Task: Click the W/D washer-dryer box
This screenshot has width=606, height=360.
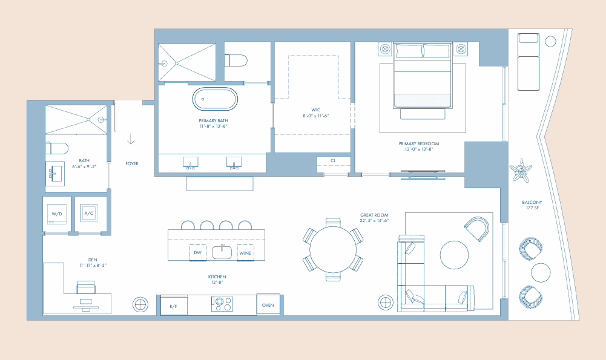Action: click(57, 214)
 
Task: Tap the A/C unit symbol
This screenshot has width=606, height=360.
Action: click(88, 213)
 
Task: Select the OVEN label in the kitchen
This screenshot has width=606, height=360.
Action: click(268, 305)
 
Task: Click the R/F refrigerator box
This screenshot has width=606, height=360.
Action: click(174, 306)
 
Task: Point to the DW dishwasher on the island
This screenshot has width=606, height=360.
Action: click(197, 253)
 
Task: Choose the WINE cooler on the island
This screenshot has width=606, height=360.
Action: click(245, 253)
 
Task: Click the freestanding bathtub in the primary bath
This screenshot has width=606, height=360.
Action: click(215, 99)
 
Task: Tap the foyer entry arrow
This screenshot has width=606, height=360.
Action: click(131, 139)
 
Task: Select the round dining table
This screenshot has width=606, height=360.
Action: click(333, 249)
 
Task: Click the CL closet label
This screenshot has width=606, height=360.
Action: click(333, 161)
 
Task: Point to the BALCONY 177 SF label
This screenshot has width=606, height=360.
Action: click(532, 205)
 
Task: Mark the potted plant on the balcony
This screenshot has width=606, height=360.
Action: click(521, 171)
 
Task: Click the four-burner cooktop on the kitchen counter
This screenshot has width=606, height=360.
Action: click(222, 304)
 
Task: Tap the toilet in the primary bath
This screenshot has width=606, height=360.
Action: click(235, 61)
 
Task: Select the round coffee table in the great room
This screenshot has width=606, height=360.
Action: click(454, 255)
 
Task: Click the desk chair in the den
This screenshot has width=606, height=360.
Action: click(86, 287)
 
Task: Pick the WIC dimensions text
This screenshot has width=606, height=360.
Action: click(316, 116)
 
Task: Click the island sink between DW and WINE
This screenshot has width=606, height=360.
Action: click(222, 252)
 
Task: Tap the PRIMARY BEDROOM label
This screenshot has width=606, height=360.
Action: click(419, 143)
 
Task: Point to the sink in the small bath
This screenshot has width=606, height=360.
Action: click(55, 174)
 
